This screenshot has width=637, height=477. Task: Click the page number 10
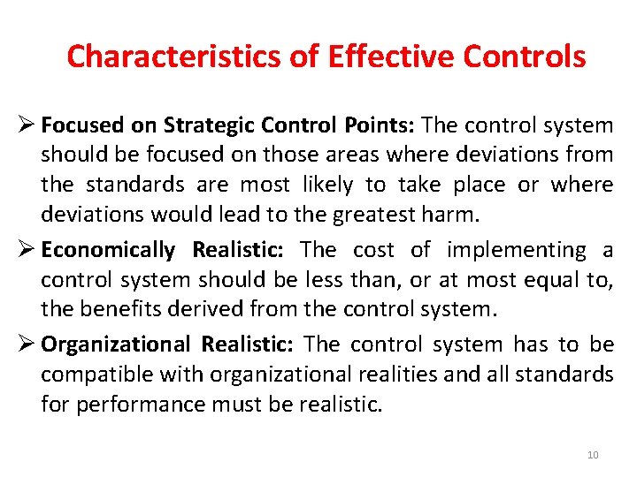pyautogui.click(x=593, y=455)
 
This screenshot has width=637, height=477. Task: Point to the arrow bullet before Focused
pyautogui.click(x=26, y=125)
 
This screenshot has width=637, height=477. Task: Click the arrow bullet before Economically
pyautogui.click(x=26, y=250)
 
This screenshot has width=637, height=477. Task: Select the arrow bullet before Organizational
pyautogui.click(x=26, y=344)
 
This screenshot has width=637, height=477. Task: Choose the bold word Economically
pyautogui.click(x=108, y=250)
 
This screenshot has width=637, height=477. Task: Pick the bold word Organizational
pyautogui.click(x=115, y=344)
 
